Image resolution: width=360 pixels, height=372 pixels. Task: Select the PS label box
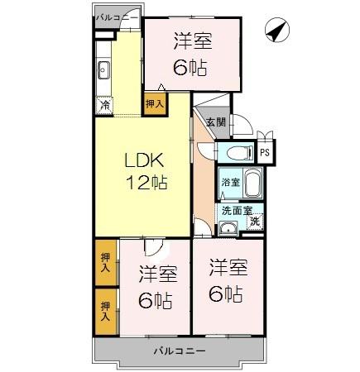(265, 153)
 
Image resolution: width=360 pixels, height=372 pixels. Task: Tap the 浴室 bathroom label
(229, 181)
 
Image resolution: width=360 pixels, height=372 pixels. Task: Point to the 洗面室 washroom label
(236, 211)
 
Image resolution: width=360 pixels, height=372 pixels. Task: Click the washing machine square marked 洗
(256, 221)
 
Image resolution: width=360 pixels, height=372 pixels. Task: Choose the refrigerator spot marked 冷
(104, 105)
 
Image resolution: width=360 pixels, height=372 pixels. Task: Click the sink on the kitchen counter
(104, 69)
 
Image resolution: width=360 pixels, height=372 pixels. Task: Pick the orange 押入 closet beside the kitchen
(155, 104)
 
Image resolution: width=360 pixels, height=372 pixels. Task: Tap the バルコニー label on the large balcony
(179, 351)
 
